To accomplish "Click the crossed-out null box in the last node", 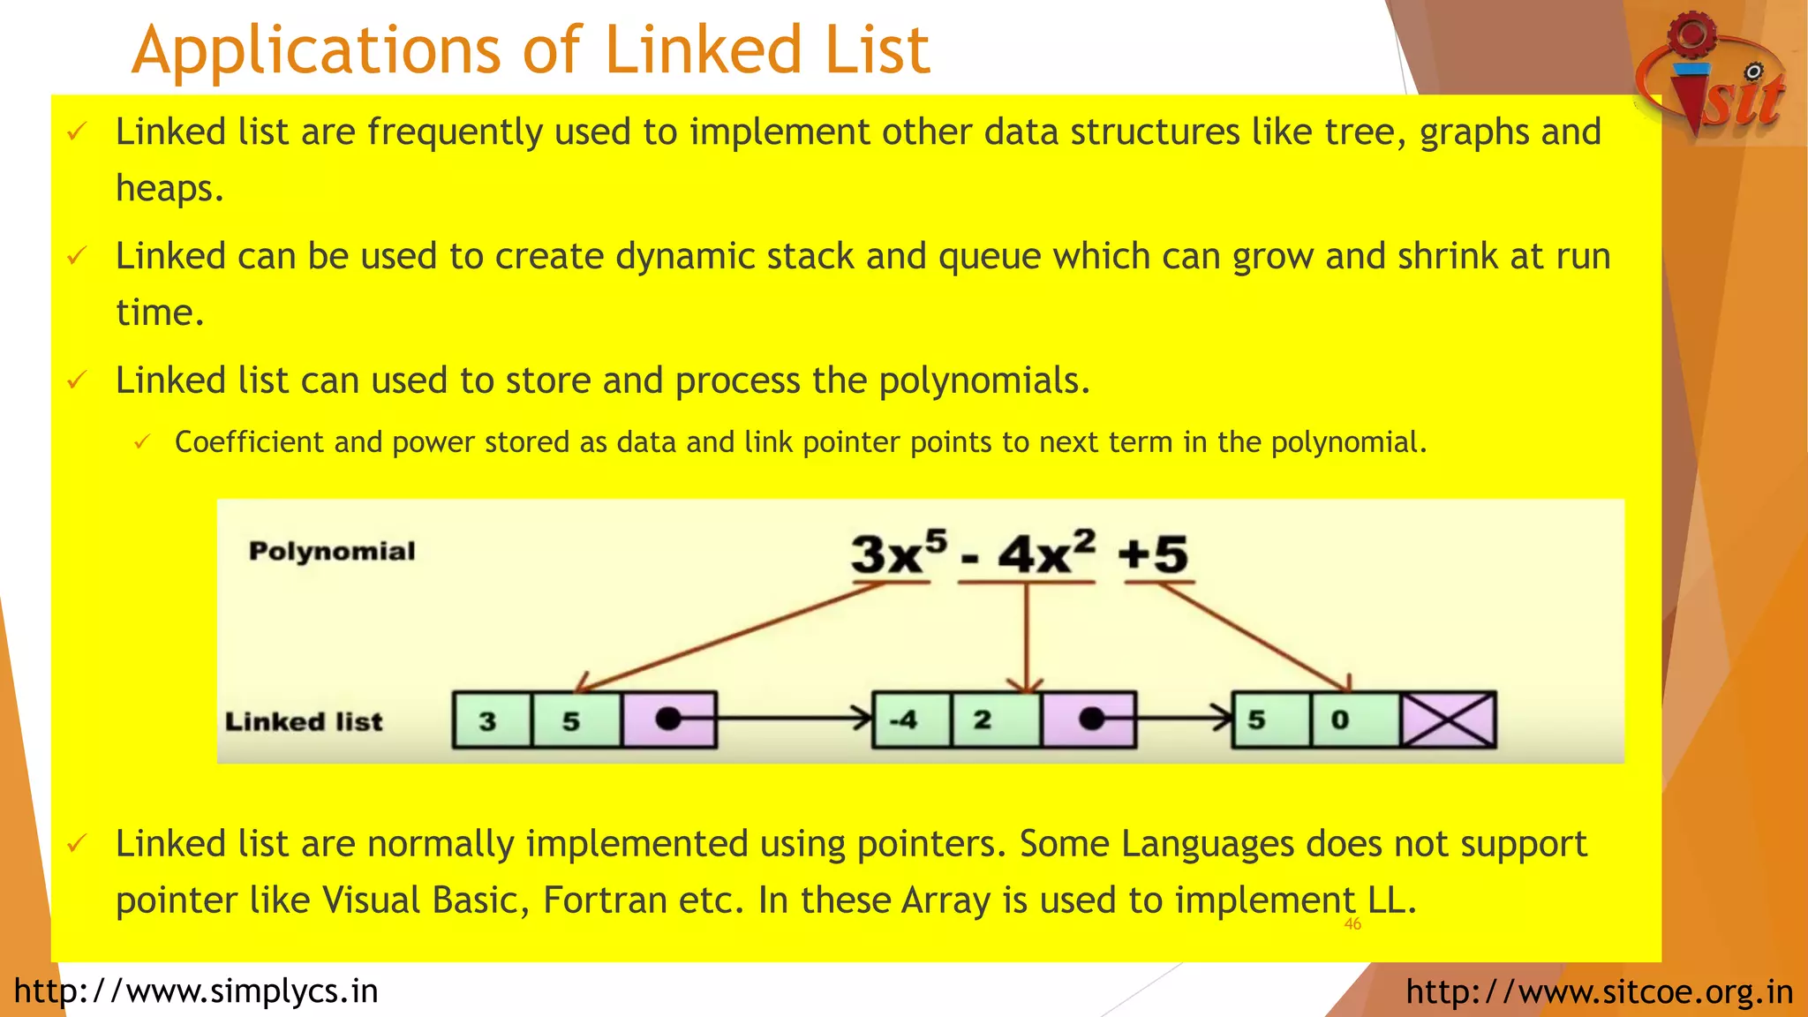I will [x=1449, y=720].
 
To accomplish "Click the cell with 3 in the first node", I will [x=492, y=720].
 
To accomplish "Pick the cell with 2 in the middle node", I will [x=996, y=720].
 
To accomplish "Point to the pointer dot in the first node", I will [x=668, y=719].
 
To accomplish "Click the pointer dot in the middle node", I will [x=1091, y=719].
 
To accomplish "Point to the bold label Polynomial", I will [x=332, y=551].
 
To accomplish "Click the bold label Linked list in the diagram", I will [x=304, y=721].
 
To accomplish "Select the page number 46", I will [x=1352, y=924].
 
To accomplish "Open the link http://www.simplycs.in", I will [x=196, y=991].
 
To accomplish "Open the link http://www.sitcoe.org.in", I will [x=1599, y=991].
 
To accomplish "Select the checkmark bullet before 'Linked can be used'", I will [x=78, y=256].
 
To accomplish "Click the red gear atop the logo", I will [x=1691, y=34].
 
